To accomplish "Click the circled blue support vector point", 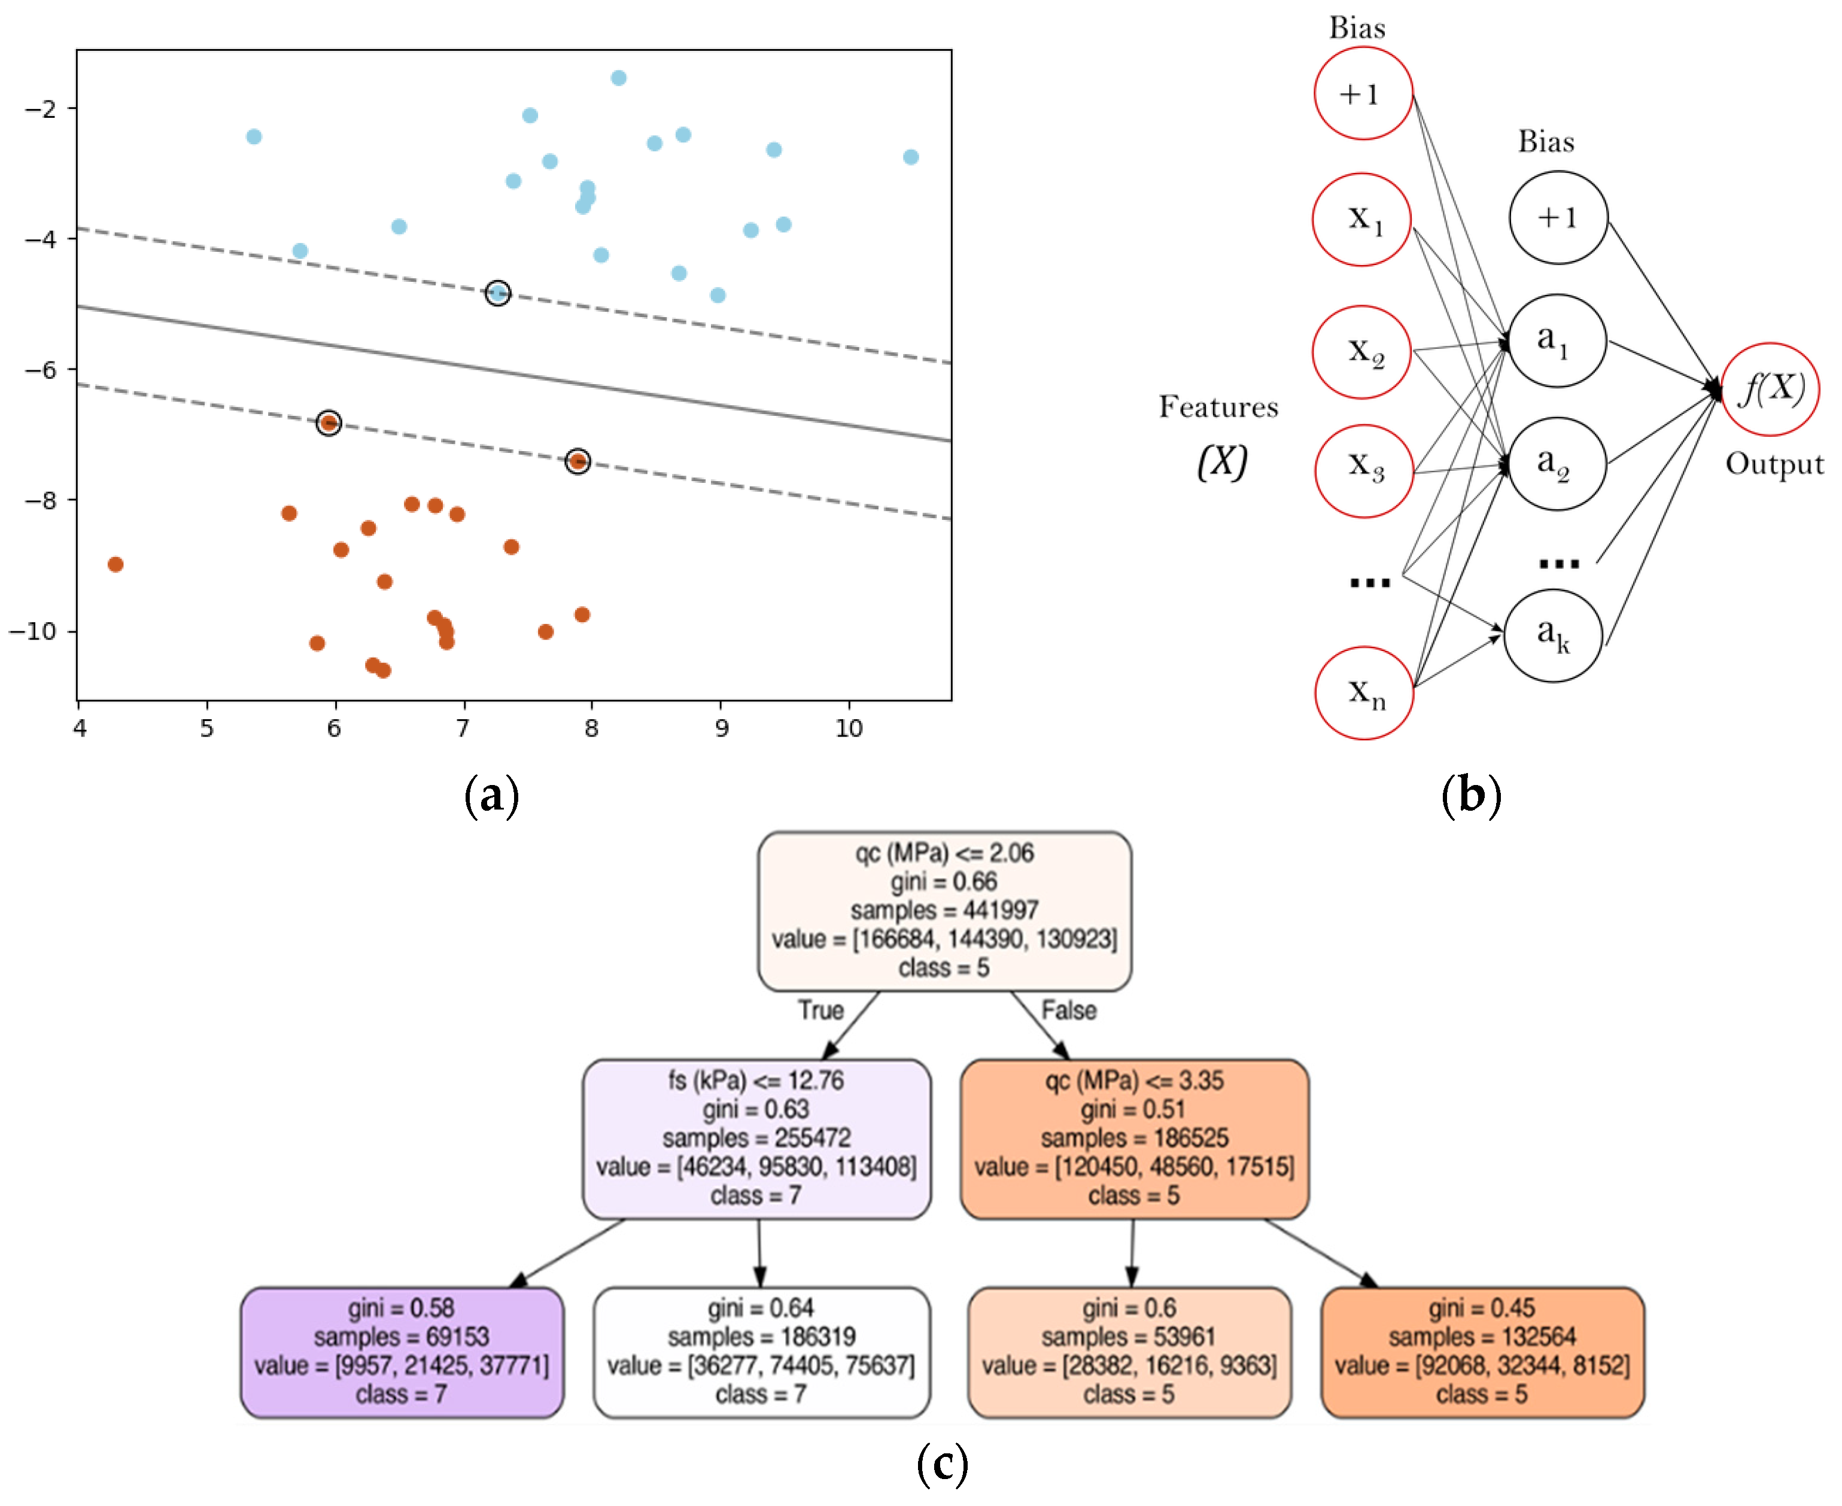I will pyautogui.click(x=497, y=293).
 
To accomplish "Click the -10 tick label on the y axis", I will pyautogui.click(x=33, y=631).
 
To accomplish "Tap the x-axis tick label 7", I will pyautogui.click(x=463, y=728).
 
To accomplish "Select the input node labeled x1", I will pyautogui.click(x=1361, y=220).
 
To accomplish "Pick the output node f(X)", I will pyautogui.click(x=1770, y=390).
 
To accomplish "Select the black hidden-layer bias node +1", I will pyautogui.click(x=1558, y=218).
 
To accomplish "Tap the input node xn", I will pyautogui.click(x=1364, y=693).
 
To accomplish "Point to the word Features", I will pyautogui.click(x=1218, y=407).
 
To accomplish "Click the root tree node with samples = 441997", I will pyautogui.click(x=944, y=911).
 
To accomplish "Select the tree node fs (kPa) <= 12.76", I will pyautogui.click(x=756, y=1138).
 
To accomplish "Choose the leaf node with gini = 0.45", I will pyautogui.click(x=1482, y=1352).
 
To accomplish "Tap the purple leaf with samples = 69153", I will pyautogui.click(x=402, y=1352).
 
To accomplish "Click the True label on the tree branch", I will pyautogui.click(x=821, y=1011).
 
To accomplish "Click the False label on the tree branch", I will pyautogui.click(x=1068, y=1011).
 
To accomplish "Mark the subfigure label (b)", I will pyautogui.click(x=1470, y=795).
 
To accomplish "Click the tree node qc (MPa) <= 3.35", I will pyautogui.click(x=1134, y=1138).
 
